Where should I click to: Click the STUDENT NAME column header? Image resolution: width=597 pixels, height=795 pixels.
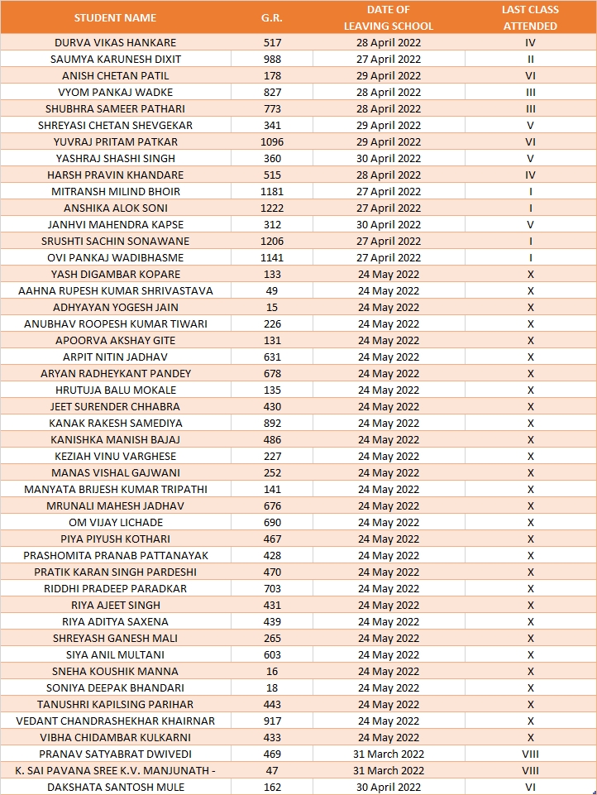click(x=115, y=17)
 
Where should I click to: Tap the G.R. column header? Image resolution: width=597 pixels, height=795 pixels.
click(x=272, y=17)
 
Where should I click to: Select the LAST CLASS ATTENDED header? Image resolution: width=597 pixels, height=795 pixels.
click(x=530, y=17)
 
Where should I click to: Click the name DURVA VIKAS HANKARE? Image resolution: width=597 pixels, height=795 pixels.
click(x=115, y=42)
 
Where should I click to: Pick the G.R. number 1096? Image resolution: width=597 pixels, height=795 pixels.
click(x=272, y=141)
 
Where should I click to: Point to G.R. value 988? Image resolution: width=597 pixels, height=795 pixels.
click(x=272, y=59)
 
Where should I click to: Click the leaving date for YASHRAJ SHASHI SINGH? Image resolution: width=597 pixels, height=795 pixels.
click(x=389, y=158)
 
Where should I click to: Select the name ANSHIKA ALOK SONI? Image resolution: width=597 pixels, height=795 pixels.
click(x=115, y=208)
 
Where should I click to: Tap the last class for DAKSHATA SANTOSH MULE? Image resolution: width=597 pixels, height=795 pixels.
click(x=530, y=787)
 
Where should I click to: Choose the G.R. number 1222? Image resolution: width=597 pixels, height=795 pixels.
click(x=272, y=208)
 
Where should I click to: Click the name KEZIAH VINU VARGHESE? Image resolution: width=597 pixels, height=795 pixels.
click(x=115, y=456)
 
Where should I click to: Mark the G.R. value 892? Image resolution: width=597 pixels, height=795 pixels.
click(x=272, y=423)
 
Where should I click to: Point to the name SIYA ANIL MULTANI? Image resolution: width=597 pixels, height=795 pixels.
click(x=115, y=654)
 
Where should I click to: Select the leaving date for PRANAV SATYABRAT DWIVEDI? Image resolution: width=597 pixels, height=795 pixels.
click(x=389, y=754)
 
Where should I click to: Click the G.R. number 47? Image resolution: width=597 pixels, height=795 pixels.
click(x=272, y=770)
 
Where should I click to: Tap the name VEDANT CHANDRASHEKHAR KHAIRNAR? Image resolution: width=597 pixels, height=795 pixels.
click(x=115, y=721)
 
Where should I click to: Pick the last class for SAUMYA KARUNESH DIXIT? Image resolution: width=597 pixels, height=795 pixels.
click(x=530, y=59)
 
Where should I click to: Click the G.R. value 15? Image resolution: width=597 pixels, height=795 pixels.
click(x=272, y=307)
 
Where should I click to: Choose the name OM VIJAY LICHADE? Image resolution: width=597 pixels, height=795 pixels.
click(x=115, y=522)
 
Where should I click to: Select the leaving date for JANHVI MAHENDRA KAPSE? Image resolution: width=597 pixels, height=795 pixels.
click(x=389, y=224)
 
